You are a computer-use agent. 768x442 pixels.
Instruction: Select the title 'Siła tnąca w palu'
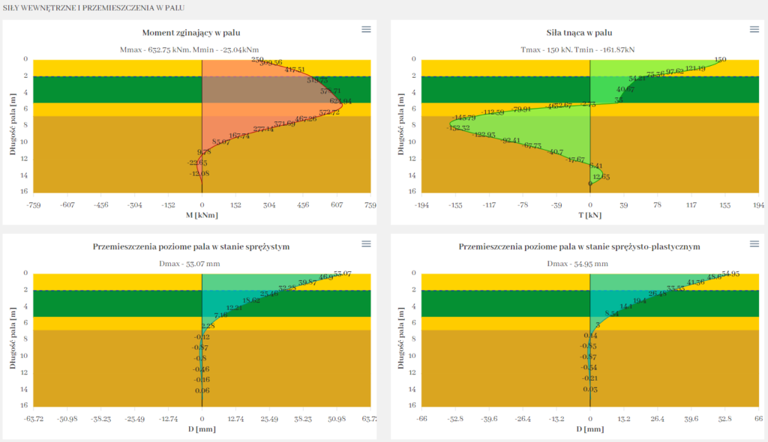pos(580,32)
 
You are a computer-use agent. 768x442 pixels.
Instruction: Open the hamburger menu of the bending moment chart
pos(366,29)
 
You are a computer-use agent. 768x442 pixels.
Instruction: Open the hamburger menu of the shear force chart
pos(754,29)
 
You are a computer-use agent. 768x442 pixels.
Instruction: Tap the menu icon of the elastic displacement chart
pos(366,243)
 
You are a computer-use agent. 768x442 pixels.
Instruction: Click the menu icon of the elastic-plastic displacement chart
pos(754,243)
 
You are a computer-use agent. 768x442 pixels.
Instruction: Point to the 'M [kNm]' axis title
pos(202,216)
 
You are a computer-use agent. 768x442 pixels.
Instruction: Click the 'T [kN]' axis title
pos(590,216)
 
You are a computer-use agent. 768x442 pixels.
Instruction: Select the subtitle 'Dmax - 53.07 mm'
pos(202,264)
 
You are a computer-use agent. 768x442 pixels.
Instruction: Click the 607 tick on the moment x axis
pos(337,204)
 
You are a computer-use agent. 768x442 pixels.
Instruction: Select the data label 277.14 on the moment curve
pos(263,130)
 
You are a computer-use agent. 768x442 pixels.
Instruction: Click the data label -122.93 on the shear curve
pos(484,135)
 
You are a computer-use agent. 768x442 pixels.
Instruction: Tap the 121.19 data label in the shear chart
pos(695,69)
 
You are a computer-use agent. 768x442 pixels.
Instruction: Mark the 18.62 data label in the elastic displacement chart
pos(250,300)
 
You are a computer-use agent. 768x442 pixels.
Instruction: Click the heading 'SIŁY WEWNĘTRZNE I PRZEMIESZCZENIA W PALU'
pos(94,7)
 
